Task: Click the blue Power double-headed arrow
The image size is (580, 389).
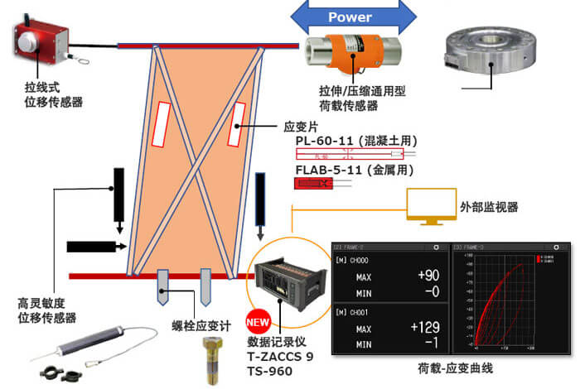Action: pos(351,17)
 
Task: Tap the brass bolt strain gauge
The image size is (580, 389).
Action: pos(215,358)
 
